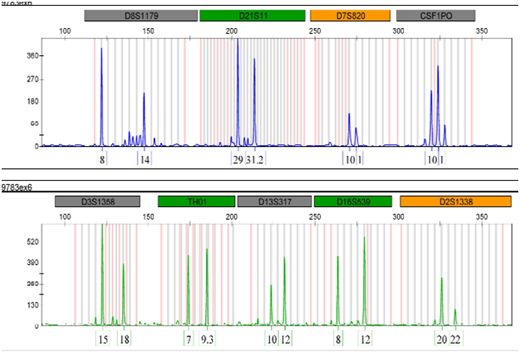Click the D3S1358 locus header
98,201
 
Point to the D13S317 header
274,201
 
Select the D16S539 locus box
352,201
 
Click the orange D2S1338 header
455,201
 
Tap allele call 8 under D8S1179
102,159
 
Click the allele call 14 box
145,159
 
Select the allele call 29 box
238,159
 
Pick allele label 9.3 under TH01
207,339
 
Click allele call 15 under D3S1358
103,339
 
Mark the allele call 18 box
124,339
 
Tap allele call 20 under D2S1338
441,339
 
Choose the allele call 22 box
456,339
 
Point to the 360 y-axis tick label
34,56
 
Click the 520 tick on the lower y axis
32,242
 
